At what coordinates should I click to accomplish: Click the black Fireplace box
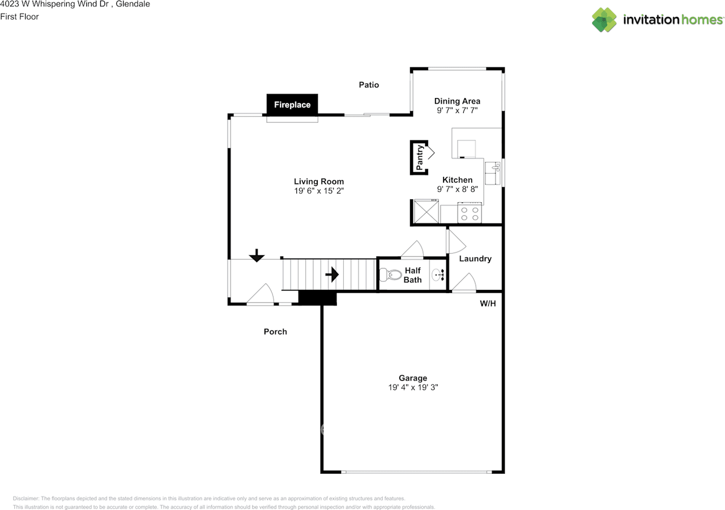[x=292, y=105]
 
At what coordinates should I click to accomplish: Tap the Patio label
[x=369, y=85]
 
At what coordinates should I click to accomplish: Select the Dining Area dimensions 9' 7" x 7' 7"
[x=457, y=110]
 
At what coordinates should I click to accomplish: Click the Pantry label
[x=420, y=157]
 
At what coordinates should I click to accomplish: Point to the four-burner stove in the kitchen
[x=470, y=213]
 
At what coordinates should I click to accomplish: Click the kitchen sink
[x=492, y=173]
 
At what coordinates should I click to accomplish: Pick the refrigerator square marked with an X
[x=427, y=212]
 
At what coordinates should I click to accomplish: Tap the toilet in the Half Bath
[x=390, y=275]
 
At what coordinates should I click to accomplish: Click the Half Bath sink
[x=438, y=275]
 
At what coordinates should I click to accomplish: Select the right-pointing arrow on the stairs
[x=332, y=275]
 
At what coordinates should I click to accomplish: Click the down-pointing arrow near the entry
[x=257, y=255]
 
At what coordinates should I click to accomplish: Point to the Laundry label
[x=475, y=259]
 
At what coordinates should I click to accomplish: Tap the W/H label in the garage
[x=488, y=303]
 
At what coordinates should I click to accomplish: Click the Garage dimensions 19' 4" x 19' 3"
[x=413, y=387]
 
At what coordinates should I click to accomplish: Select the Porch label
[x=275, y=332]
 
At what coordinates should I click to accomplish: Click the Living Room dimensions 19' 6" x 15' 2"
[x=319, y=191]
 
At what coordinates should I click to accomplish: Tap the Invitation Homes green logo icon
[x=604, y=20]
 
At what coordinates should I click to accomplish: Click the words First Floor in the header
[x=19, y=16]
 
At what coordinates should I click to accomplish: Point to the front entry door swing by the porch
[x=261, y=294]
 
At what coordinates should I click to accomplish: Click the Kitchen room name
[x=457, y=180]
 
